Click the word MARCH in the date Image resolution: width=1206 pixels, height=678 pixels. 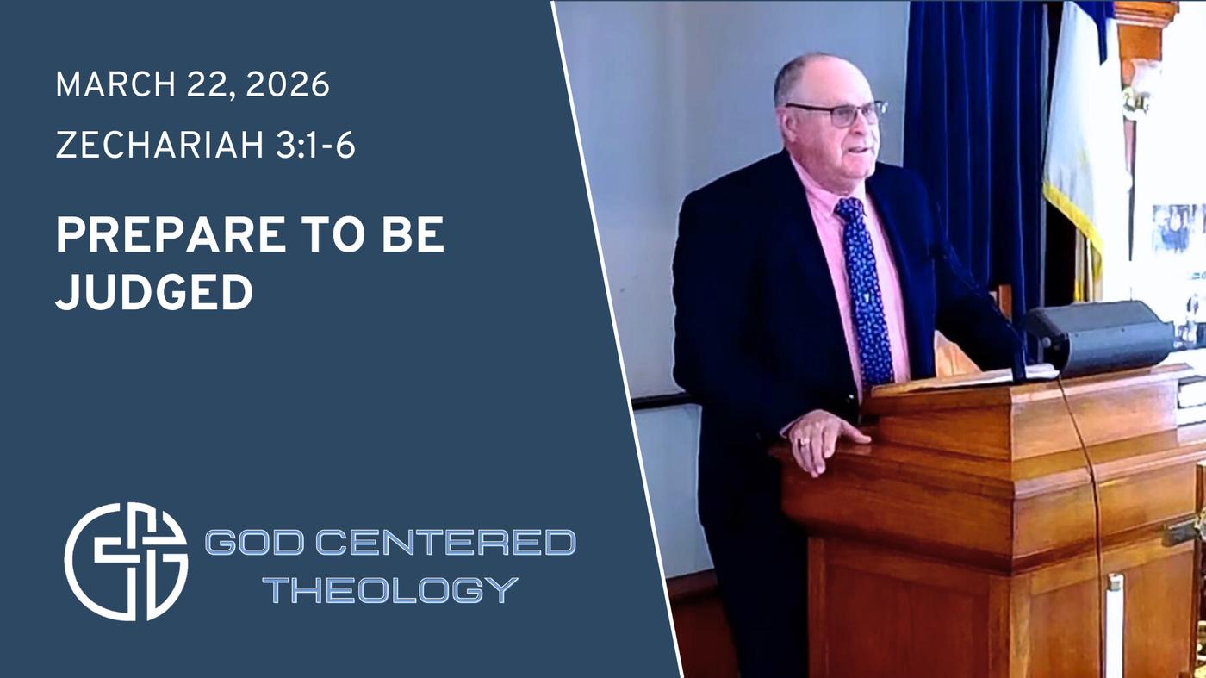(x=115, y=84)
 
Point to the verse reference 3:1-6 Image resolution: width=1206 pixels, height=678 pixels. (x=315, y=146)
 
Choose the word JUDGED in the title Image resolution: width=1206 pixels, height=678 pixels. (x=154, y=291)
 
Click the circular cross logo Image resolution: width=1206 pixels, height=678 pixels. (x=127, y=561)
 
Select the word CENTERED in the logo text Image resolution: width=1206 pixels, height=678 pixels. (x=445, y=542)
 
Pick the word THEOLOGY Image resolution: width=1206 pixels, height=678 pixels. (x=394, y=589)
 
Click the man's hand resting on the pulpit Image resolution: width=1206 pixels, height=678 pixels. (x=825, y=440)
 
